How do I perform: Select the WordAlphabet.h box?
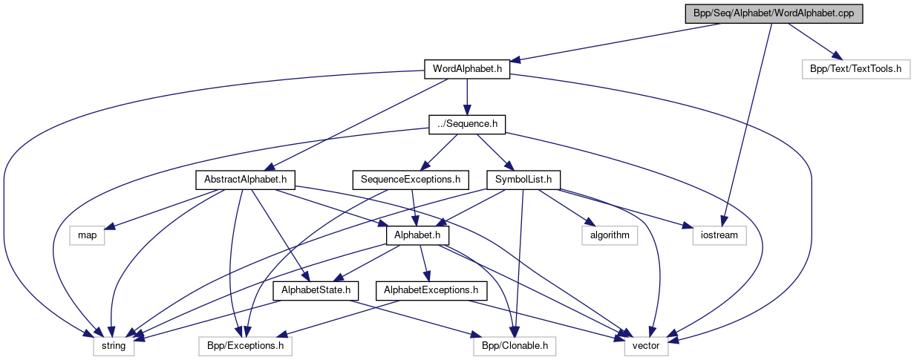[466, 69]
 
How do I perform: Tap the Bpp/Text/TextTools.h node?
[855, 69]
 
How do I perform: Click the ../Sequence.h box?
[467, 124]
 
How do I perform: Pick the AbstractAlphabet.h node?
[246, 179]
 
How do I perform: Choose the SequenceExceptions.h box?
[411, 179]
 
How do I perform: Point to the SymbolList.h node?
[523, 179]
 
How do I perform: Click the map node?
[88, 235]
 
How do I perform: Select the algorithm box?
[610, 235]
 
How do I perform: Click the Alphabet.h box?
[419, 235]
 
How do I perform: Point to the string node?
[114, 345]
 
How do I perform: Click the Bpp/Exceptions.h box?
[246, 345]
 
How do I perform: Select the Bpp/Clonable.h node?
[514, 345]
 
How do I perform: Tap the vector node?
[646, 345]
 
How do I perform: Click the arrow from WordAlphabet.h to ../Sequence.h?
[467, 96]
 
